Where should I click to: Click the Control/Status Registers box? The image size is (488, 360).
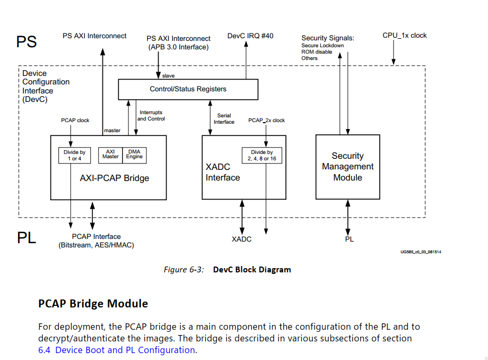point(188,89)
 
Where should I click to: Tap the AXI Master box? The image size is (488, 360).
point(111,154)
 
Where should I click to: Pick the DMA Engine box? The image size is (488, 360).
point(134,154)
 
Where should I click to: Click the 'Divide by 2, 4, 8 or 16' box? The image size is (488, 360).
point(262,155)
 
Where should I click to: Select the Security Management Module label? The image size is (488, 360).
point(347,167)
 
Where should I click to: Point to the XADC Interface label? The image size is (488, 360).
point(223,172)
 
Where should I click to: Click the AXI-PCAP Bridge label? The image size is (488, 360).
point(115,178)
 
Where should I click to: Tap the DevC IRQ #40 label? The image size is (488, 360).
point(250,36)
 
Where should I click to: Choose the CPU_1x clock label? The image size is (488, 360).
point(404,36)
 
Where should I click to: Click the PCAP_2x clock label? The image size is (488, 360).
point(266,121)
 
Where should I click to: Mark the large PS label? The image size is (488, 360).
point(27,42)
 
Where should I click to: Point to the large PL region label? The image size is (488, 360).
point(27,237)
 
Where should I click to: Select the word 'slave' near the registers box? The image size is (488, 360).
point(168,76)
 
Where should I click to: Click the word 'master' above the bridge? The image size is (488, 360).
point(112,130)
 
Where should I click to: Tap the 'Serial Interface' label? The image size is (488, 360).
point(224,119)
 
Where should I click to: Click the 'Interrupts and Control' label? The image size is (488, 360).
point(151,116)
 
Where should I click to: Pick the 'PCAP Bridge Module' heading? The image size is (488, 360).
point(93,304)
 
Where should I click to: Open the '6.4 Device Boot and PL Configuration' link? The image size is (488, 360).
point(117,350)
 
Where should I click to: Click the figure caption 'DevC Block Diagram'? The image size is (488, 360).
point(252,270)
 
